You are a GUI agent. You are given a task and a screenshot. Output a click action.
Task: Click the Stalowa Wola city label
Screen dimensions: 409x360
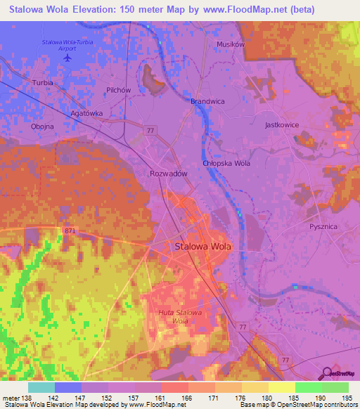(x=202, y=247)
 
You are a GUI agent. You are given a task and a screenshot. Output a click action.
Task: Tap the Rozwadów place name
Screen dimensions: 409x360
(x=167, y=174)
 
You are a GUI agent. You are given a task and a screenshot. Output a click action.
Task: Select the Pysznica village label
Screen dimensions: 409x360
(x=324, y=227)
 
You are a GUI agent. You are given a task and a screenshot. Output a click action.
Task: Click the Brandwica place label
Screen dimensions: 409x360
(x=207, y=101)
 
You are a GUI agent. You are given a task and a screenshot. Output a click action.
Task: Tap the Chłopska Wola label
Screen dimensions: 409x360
(x=226, y=163)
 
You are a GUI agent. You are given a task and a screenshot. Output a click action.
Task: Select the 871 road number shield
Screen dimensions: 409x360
(x=69, y=230)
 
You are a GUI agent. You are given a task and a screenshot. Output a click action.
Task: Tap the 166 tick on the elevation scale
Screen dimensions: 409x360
(x=188, y=398)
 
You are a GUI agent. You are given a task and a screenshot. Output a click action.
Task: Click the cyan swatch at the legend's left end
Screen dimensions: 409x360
(x=41, y=387)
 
